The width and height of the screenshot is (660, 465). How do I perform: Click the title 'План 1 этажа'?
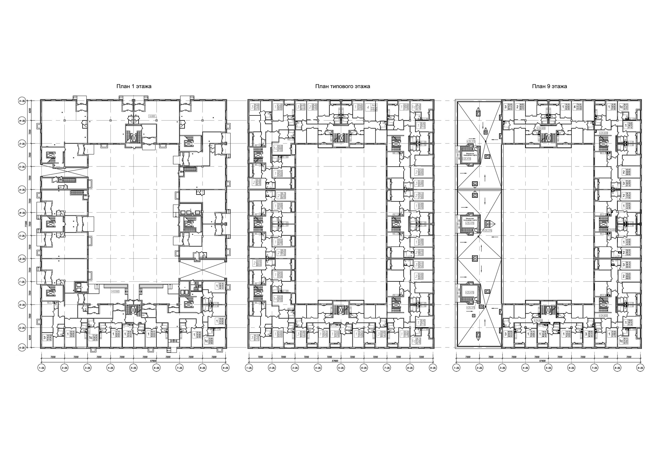(x=134, y=86)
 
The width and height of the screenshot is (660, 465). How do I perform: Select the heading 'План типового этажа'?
(x=342, y=86)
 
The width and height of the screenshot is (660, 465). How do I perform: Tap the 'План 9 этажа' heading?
(x=549, y=86)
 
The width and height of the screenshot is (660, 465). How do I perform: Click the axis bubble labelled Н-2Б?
(x=22, y=101)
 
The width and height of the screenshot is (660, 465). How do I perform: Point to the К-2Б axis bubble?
(x=22, y=167)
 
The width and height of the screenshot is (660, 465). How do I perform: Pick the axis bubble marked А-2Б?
(x=22, y=348)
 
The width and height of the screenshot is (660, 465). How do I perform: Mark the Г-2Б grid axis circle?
(x=22, y=282)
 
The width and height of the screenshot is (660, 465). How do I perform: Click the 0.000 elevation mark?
(x=152, y=116)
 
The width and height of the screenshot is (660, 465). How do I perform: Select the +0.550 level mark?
(x=115, y=291)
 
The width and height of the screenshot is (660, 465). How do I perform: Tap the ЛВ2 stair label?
(x=85, y=196)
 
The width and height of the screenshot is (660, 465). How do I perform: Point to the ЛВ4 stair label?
(x=181, y=172)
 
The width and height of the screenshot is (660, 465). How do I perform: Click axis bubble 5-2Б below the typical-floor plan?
(x=341, y=368)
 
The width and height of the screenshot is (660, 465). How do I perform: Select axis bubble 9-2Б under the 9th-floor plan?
(x=640, y=368)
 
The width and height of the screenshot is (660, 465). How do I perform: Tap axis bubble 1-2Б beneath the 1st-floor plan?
(x=41, y=368)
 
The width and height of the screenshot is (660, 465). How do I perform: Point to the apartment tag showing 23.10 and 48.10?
(x=220, y=286)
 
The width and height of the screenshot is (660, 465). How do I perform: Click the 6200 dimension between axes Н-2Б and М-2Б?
(x=30, y=111)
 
